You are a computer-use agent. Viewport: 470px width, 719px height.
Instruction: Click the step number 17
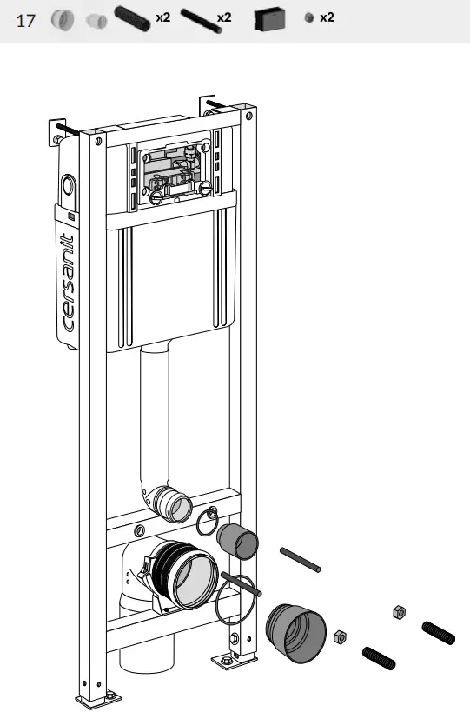click(x=26, y=19)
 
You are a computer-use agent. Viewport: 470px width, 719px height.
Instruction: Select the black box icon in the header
click(x=270, y=19)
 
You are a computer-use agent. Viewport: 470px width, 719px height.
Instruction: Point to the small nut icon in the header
click(x=308, y=18)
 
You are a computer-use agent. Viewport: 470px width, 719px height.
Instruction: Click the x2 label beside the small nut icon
click(x=327, y=17)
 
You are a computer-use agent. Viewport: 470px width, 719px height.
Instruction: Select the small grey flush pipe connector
click(x=237, y=541)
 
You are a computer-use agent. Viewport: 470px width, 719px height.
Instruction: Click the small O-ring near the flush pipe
click(x=208, y=523)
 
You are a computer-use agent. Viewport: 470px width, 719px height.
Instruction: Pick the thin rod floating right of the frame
click(x=301, y=559)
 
